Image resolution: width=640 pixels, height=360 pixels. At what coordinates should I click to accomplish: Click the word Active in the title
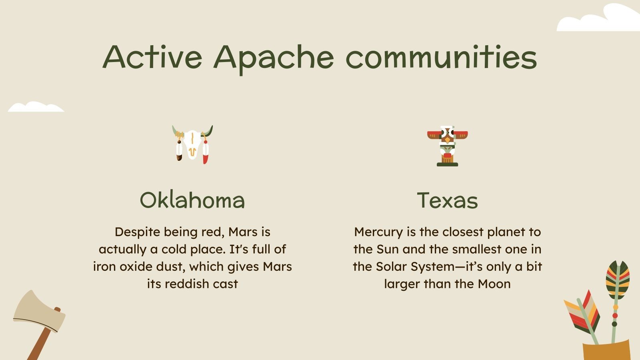[152, 57]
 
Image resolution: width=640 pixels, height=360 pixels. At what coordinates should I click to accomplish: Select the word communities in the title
[441, 57]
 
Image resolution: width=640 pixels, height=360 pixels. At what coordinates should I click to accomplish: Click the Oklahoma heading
[192, 200]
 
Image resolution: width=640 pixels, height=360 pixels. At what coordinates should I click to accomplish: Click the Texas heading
[447, 200]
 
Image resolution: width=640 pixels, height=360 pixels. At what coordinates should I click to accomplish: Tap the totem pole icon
[447, 146]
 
